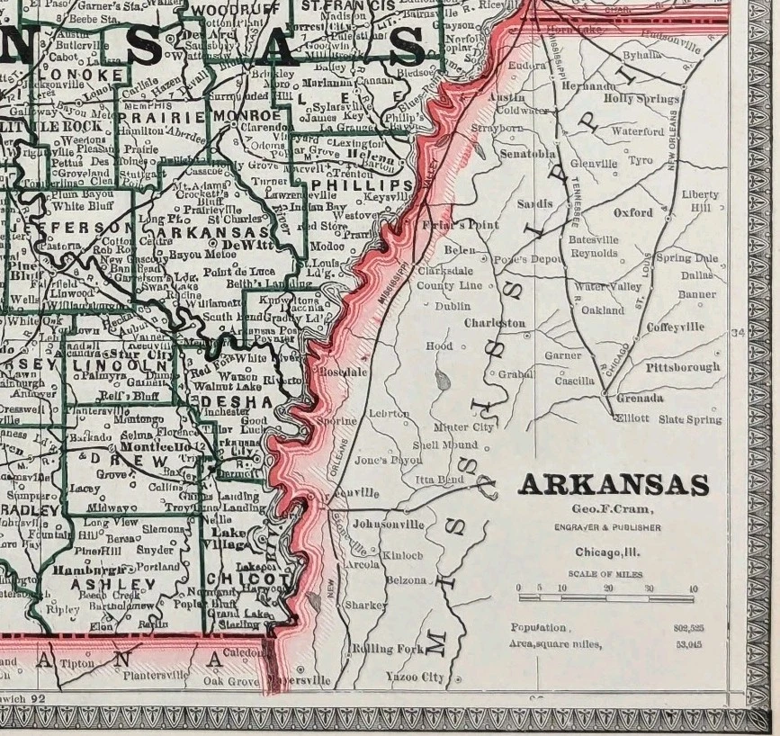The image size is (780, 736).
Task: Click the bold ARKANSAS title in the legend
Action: point(614,485)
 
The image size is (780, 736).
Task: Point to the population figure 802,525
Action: point(687,628)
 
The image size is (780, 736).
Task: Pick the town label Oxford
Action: point(633,213)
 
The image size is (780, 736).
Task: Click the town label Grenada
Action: point(641,397)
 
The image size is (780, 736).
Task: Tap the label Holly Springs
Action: point(641,99)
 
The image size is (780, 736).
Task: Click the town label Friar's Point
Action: point(447,224)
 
